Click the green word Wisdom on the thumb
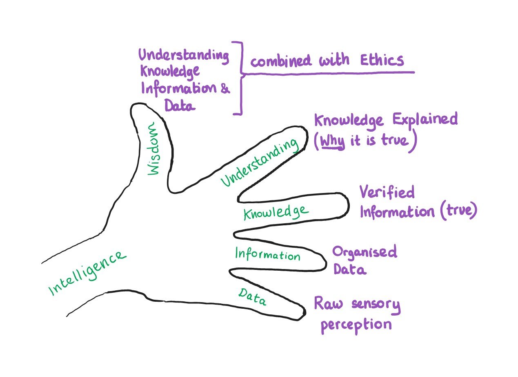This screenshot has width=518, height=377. tap(153, 150)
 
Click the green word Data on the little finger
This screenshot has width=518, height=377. tap(252, 297)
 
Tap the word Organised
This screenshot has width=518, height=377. tap(364, 252)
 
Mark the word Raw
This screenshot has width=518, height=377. tap(326, 305)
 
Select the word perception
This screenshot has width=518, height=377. tap(356, 325)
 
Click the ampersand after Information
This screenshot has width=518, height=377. tap(225, 89)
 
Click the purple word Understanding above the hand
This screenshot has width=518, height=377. tap(184, 55)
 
